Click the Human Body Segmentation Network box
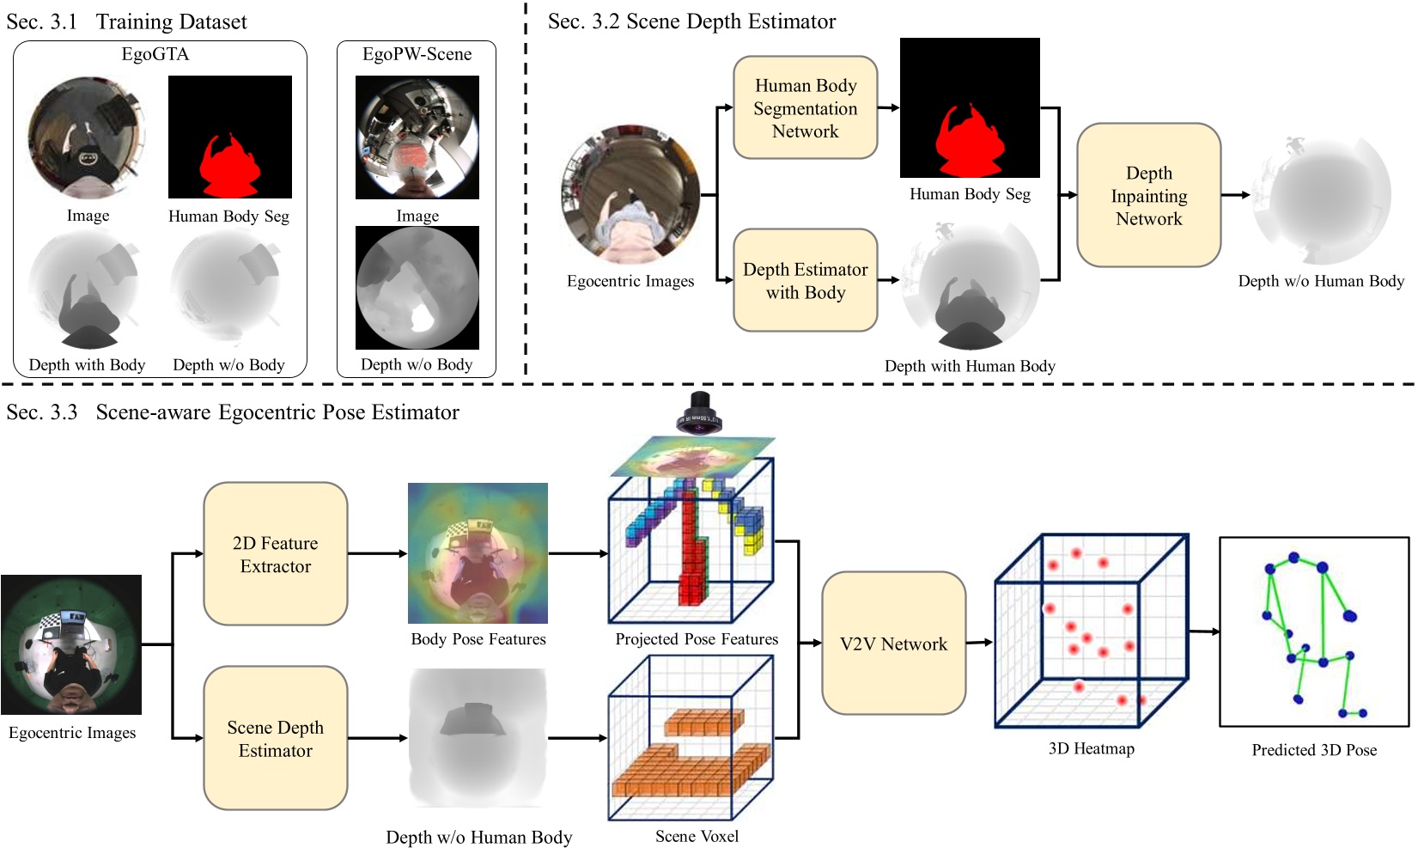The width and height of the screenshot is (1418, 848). tap(805, 108)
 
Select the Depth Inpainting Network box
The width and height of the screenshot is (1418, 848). tap(1148, 196)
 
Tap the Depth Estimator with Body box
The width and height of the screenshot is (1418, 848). tap(805, 281)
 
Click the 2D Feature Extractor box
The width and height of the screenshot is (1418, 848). tap(275, 554)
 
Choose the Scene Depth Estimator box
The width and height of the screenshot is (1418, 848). tap(275, 738)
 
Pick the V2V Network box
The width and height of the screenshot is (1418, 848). tap(893, 644)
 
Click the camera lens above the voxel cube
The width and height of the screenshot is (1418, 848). tap(699, 412)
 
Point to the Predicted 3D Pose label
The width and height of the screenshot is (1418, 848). tap(1313, 749)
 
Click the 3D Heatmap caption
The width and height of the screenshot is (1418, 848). tap(1091, 748)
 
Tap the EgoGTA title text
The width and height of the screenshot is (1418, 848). tap(155, 54)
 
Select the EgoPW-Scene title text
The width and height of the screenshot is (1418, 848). tap(417, 54)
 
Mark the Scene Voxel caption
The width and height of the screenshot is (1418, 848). tap(697, 836)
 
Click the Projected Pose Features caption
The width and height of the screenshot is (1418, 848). tap(697, 639)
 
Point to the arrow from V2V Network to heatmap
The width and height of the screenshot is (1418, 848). tap(979, 642)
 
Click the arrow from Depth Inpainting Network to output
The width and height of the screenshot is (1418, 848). tap(1235, 195)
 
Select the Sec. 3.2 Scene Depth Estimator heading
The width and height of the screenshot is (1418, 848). tap(691, 21)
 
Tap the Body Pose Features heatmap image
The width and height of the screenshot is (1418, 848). tap(478, 552)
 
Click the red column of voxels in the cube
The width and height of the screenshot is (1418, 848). tap(689, 550)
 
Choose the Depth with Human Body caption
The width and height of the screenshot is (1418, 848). tap(970, 366)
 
